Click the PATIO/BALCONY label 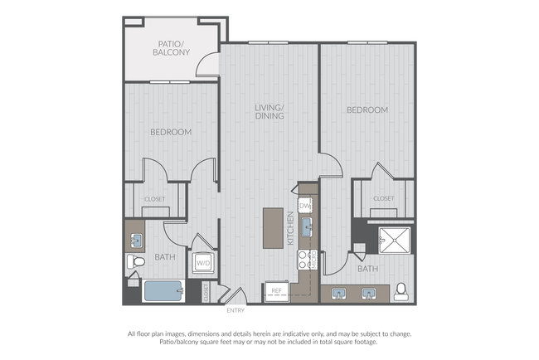(171, 48)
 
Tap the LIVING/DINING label (269, 112)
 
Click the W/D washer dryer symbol (203, 263)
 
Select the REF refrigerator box (276, 291)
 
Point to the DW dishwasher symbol (305, 206)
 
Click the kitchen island (273, 228)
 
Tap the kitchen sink (307, 227)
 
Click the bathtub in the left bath (163, 291)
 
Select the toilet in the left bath (136, 261)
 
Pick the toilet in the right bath (401, 292)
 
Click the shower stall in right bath (394, 241)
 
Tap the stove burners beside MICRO (303, 260)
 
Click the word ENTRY (236, 310)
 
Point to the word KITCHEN (290, 228)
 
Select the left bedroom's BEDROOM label (171, 132)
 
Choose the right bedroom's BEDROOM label (367, 110)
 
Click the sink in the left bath (137, 241)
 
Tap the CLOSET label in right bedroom (384, 198)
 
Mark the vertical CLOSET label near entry (206, 292)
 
